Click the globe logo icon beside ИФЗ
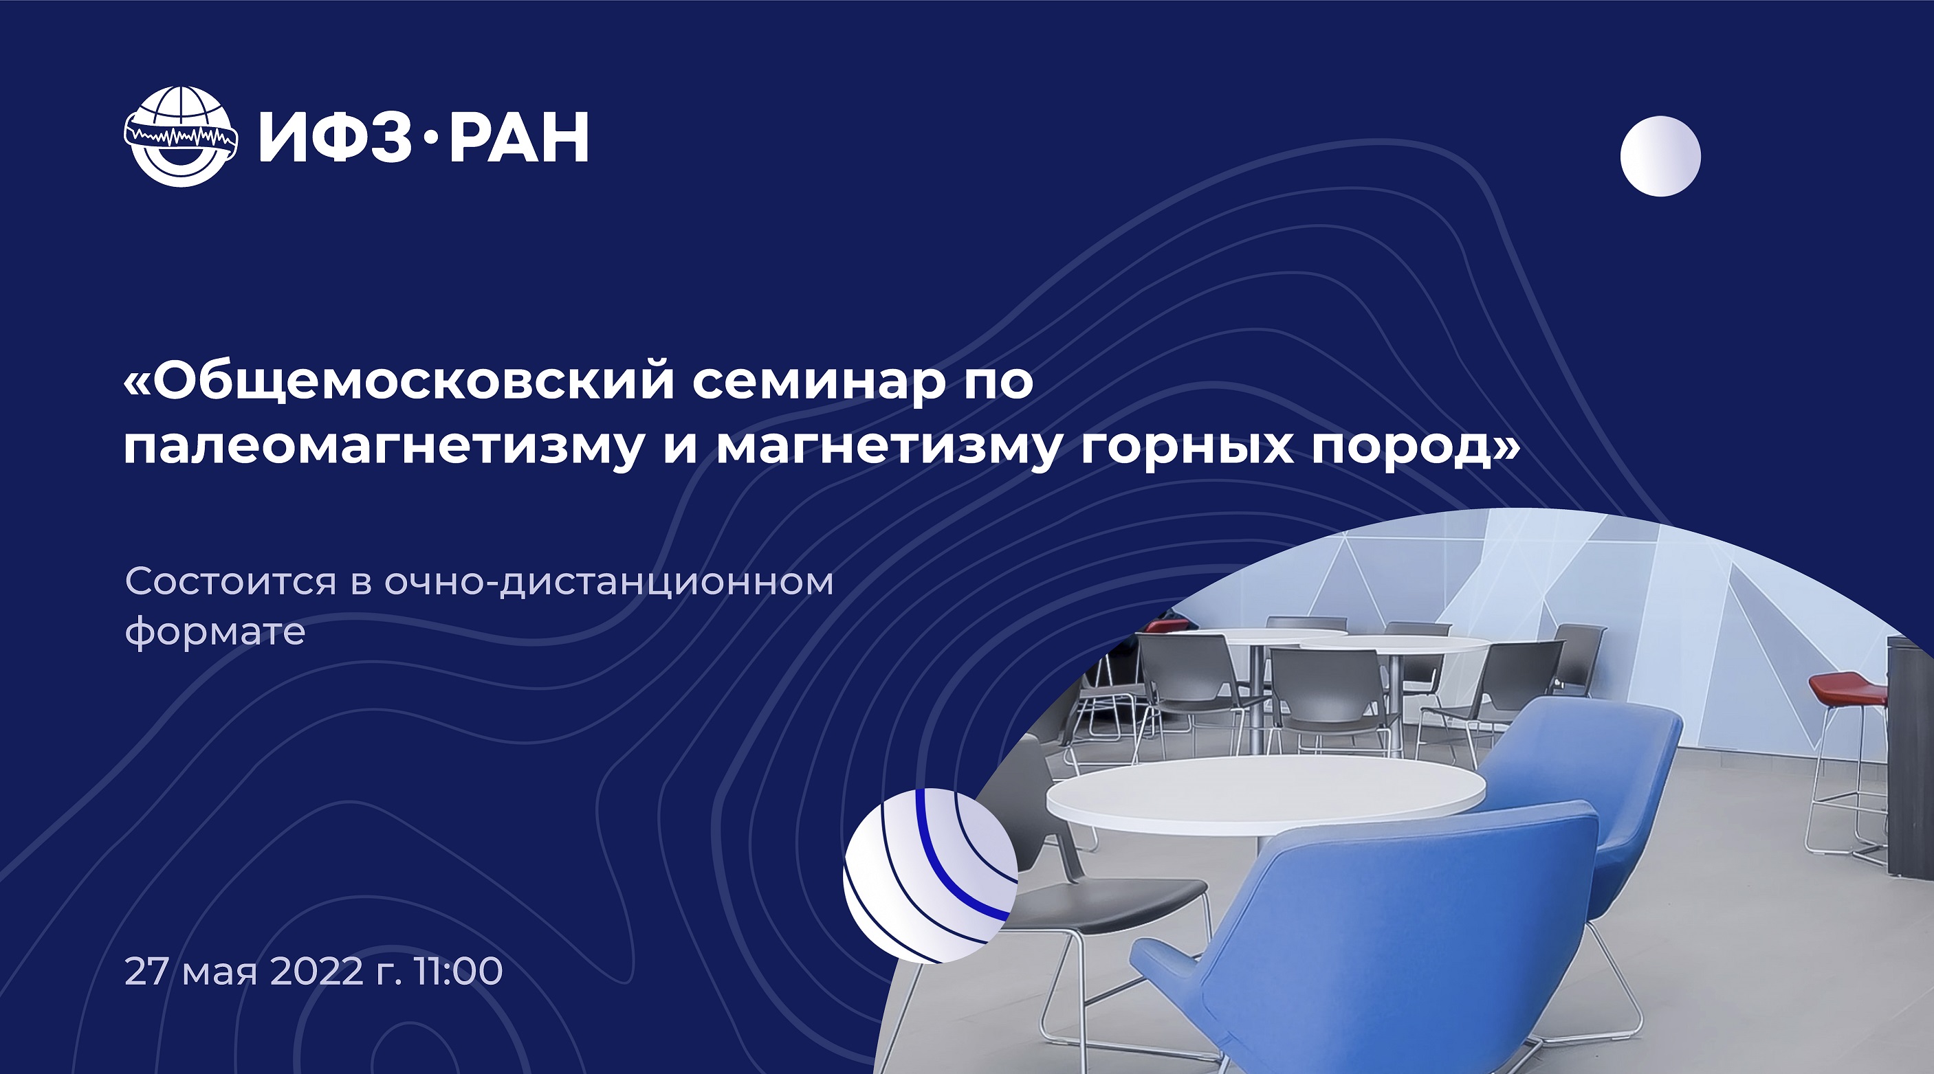click(x=181, y=137)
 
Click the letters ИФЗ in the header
click(x=336, y=137)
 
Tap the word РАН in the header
click(x=519, y=137)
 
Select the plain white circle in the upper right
click(x=1660, y=156)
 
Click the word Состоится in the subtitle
click(x=230, y=581)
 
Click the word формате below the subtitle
click(x=215, y=632)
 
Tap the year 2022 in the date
click(x=317, y=971)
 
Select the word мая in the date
click(x=221, y=974)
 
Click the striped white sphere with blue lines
click(x=930, y=875)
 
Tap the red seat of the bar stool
click(x=1847, y=689)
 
